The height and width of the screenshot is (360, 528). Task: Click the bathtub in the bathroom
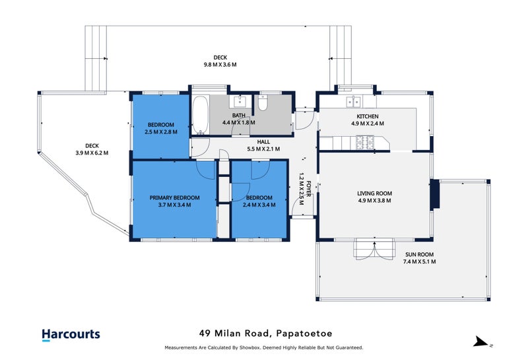tap(201, 115)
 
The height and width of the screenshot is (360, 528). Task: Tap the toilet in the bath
tap(263, 103)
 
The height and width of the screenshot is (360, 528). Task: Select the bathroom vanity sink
tap(240, 100)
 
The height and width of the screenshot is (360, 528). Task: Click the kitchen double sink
tap(354, 101)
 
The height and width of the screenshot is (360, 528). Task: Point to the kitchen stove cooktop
tap(365, 142)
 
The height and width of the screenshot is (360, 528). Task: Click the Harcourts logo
tap(71, 334)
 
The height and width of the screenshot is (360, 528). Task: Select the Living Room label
tap(374, 194)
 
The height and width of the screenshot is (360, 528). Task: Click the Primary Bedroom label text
tap(174, 198)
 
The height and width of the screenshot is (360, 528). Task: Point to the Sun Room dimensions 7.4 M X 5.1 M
tap(419, 262)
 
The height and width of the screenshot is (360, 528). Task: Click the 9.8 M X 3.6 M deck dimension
tap(220, 65)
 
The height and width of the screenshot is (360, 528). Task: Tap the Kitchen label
tap(368, 117)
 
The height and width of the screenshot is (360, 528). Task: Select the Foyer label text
tap(308, 189)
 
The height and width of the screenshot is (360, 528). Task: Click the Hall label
tap(263, 142)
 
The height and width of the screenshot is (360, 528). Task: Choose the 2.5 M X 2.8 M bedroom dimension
tap(161, 132)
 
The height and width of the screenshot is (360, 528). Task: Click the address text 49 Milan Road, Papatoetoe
tap(266, 334)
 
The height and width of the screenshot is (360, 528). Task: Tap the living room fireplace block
tap(435, 194)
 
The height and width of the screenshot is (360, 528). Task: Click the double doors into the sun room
tap(374, 250)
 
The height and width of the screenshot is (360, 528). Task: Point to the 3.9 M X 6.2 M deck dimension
tap(92, 153)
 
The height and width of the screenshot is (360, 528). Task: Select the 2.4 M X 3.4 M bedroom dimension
tap(259, 205)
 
